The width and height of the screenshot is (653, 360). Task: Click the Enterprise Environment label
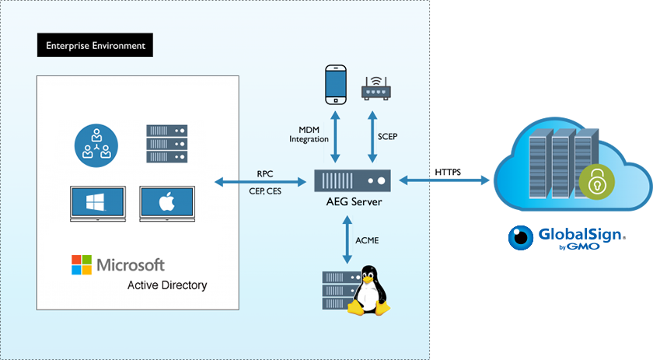pos(95,45)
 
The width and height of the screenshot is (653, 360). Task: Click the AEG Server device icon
pos(352,182)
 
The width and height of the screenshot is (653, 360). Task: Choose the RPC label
pos(264,173)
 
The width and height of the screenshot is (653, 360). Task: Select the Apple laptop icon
pos(165,204)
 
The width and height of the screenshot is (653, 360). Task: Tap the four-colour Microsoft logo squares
pos(81,264)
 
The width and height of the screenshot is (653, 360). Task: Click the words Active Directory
pos(167,285)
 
